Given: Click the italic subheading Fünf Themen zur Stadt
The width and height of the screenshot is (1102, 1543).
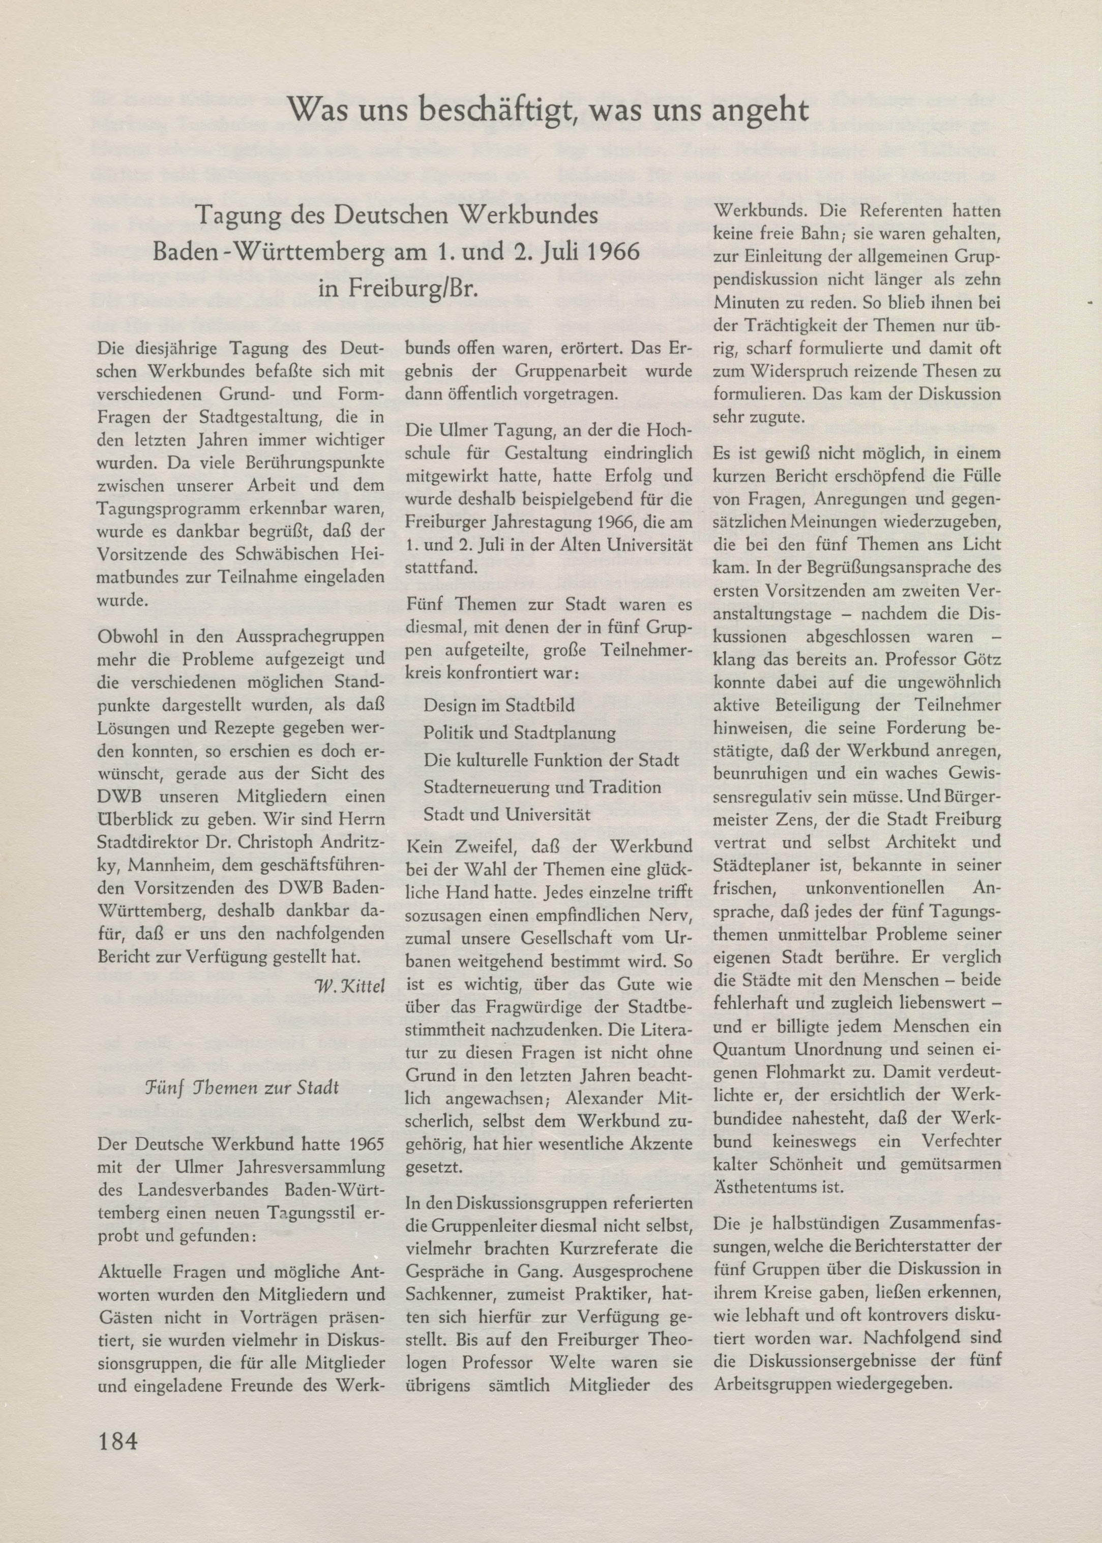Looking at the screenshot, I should (x=242, y=1087).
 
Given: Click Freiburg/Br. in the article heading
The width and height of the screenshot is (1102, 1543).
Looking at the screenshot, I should (x=399, y=288).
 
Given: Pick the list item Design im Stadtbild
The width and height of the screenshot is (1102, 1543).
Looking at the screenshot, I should (x=499, y=705).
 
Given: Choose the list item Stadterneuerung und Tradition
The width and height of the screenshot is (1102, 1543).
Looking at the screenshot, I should (x=542, y=787).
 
